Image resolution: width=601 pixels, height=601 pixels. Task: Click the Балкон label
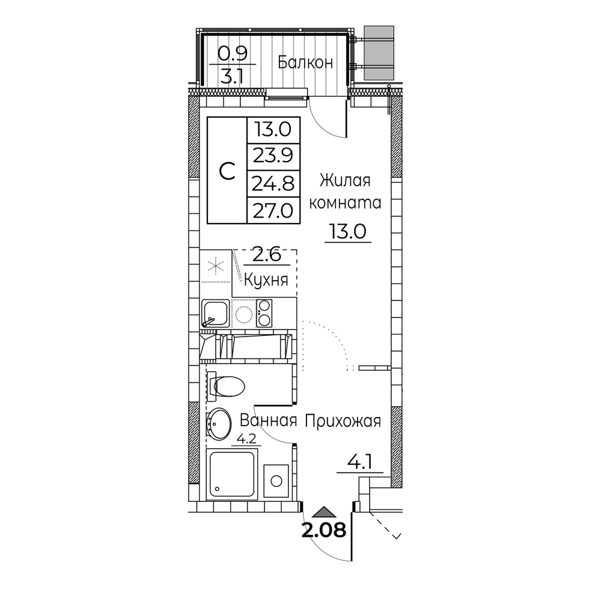(x=305, y=62)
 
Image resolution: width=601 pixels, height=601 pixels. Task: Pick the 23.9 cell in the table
(x=273, y=156)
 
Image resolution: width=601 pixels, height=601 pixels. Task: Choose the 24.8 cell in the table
(x=273, y=183)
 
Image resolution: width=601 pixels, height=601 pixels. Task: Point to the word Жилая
(x=345, y=180)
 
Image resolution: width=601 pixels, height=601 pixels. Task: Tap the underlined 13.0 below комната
(x=348, y=231)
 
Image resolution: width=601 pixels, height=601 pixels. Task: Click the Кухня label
(x=266, y=281)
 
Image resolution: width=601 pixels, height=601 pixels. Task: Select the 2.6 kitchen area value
(x=267, y=254)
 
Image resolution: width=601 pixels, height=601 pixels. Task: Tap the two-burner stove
(x=264, y=313)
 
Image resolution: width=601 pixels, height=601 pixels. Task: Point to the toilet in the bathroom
(x=226, y=385)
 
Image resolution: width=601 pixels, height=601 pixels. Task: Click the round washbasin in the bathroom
(x=219, y=423)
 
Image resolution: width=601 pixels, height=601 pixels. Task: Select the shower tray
(x=231, y=474)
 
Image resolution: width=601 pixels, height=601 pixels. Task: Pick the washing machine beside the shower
(x=276, y=481)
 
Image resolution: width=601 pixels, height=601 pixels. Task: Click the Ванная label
(x=268, y=421)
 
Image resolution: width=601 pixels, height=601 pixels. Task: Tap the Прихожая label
(x=343, y=421)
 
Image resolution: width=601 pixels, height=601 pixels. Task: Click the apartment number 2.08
(x=324, y=531)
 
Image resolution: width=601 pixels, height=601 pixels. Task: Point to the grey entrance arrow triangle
(x=325, y=512)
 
